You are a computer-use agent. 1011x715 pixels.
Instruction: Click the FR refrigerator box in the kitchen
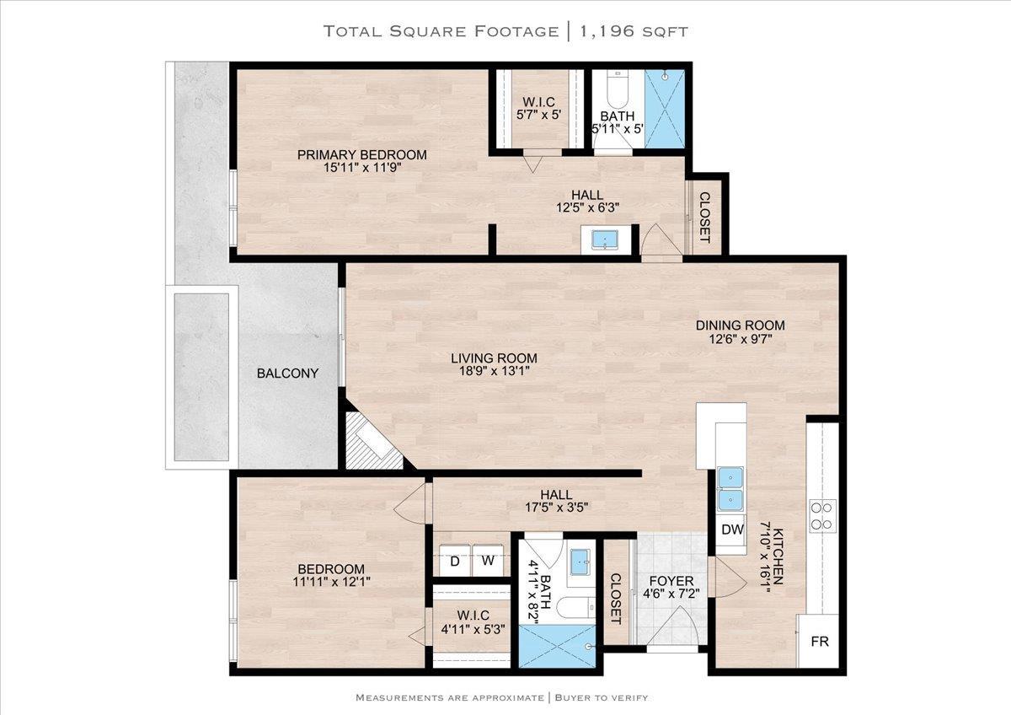coord(818,641)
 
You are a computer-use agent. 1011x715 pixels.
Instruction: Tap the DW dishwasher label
coord(732,530)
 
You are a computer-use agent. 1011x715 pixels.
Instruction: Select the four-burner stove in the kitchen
coord(822,516)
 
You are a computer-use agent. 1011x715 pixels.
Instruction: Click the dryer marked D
coord(455,561)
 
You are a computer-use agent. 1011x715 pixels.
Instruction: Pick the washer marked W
coord(488,561)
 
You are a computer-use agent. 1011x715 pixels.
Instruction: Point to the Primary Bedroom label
coord(362,154)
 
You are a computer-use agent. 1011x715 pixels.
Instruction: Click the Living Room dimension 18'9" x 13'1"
coord(495,371)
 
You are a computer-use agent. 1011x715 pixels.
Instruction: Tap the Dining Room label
coord(741,325)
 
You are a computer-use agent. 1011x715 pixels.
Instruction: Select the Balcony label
coord(287,373)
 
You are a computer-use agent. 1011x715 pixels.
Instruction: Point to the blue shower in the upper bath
coord(665,109)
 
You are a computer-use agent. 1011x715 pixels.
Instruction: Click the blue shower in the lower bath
coord(557,646)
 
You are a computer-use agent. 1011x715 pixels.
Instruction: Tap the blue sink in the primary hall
coord(605,239)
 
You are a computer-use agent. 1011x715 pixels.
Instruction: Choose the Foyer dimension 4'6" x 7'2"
coord(671,594)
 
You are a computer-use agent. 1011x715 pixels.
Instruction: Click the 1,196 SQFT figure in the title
coord(634,31)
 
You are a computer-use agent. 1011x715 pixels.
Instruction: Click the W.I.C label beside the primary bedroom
coord(538,102)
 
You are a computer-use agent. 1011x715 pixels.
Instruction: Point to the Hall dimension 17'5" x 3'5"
coord(557,508)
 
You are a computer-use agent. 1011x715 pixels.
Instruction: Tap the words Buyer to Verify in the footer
coord(602,697)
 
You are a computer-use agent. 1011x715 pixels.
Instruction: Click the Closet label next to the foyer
coord(616,599)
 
